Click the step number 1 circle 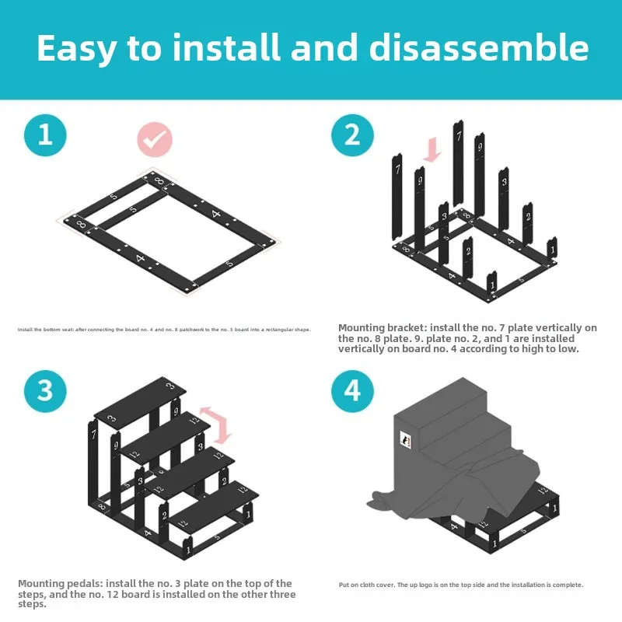click(x=45, y=135)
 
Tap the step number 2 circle click(x=353, y=135)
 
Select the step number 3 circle click(x=45, y=390)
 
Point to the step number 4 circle click(x=353, y=390)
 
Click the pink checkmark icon click(x=155, y=141)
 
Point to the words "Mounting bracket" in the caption click(x=382, y=328)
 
